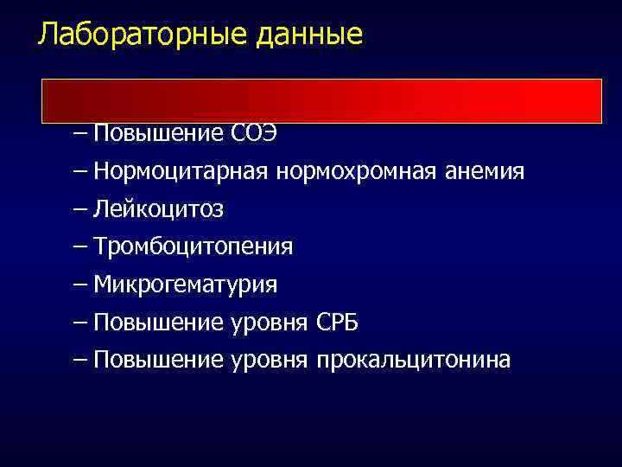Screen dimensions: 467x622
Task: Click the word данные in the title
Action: pos(310,35)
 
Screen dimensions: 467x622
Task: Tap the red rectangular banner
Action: pos(321,100)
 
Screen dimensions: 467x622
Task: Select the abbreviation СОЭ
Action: pos(254,134)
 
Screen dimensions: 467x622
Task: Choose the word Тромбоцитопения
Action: pos(194,247)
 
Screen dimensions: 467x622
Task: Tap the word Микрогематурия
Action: pos(186,285)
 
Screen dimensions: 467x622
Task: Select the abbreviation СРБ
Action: pos(338,323)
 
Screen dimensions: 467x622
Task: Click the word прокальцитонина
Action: pos(414,360)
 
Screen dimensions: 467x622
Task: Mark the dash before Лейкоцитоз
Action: pos(81,210)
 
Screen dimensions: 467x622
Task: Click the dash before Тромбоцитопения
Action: pos(81,247)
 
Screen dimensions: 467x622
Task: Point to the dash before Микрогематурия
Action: pos(81,285)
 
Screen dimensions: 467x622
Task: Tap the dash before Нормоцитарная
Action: pos(81,172)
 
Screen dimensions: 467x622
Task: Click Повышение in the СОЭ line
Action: pos(159,134)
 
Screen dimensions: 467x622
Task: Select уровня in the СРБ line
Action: pos(269,323)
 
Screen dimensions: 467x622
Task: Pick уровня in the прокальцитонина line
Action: pos(269,360)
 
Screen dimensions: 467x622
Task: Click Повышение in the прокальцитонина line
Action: pos(159,360)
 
